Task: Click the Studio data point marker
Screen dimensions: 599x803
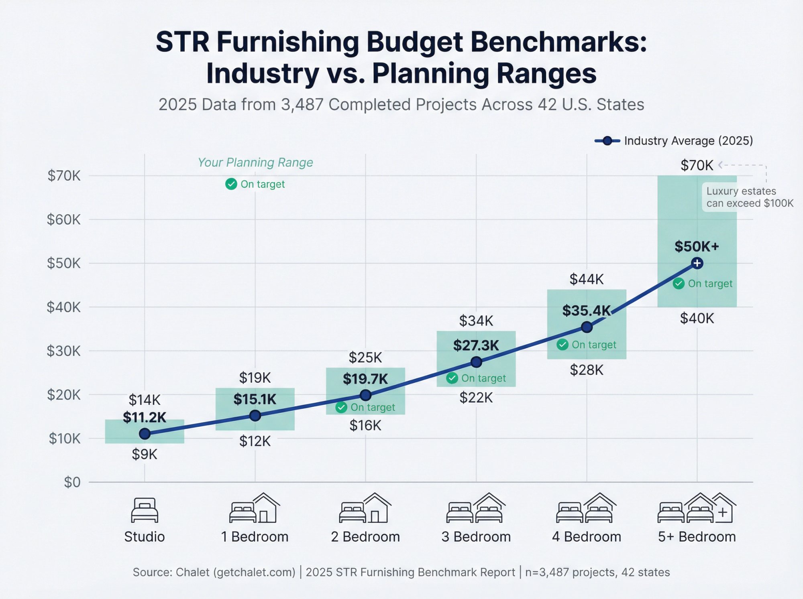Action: pos(145,434)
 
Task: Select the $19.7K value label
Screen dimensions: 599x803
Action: pos(365,379)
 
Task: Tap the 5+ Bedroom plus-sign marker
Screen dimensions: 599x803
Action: pos(697,263)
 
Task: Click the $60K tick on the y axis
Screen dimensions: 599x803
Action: pos(64,219)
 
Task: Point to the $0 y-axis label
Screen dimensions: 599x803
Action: pos(72,482)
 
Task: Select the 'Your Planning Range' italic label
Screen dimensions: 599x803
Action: pos(255,162)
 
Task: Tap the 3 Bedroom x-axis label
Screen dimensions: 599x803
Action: pos(476,537)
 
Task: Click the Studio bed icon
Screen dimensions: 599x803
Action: pos(145,510)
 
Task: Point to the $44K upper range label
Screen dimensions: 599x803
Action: pos(586,279)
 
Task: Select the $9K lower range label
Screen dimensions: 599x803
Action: pos(145,455)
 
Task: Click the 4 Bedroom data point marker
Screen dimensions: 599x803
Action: pos(587,327)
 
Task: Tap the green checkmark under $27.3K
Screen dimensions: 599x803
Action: pos(452,378)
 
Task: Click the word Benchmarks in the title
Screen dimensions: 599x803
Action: pos(558,42)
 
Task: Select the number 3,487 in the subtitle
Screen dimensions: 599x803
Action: pos(302,105)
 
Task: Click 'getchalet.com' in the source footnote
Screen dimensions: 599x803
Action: pos(255,572)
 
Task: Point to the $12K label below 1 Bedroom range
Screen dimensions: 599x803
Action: pos(255,441)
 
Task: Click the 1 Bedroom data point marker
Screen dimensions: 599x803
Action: pos(255,416)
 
